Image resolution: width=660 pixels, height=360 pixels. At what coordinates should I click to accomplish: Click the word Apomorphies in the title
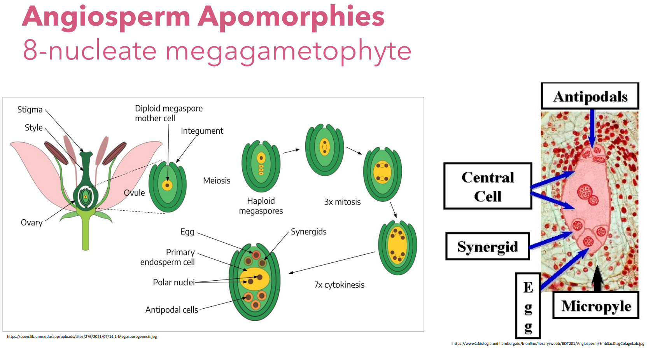click(291, 17)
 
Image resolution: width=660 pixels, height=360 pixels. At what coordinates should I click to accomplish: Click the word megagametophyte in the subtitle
click(288, 51)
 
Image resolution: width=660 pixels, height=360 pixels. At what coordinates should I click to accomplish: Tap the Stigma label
click(30, 110)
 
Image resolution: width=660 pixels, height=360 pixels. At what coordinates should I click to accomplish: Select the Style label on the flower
click(33, 128)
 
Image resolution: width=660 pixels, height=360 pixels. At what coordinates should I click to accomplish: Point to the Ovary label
click(32, 222)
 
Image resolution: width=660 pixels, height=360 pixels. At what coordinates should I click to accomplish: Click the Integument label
click(202, 131)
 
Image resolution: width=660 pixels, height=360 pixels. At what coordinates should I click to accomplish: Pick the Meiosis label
click(217, 181)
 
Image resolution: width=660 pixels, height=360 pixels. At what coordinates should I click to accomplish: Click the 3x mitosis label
click(342, 202)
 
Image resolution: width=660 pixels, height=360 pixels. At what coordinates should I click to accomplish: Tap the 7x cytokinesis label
click(339, 285)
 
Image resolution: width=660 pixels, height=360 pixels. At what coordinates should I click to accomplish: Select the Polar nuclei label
click(173, 282)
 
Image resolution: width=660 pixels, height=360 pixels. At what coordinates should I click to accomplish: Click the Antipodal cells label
click(172, 310)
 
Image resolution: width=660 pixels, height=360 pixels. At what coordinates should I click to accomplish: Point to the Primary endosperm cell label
click(168, 257)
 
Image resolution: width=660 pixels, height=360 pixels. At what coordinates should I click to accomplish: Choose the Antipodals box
click(590, 96)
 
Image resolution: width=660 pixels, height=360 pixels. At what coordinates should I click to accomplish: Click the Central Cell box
click(488, 186)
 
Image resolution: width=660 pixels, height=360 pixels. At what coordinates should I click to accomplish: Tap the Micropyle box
click(596, 306)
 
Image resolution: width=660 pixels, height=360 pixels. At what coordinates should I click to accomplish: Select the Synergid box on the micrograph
click(487, 246)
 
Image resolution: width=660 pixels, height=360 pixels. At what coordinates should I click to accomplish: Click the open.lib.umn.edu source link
click(82, 337)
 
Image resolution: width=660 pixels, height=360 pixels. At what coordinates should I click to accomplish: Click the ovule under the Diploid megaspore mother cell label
click(168, 186)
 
